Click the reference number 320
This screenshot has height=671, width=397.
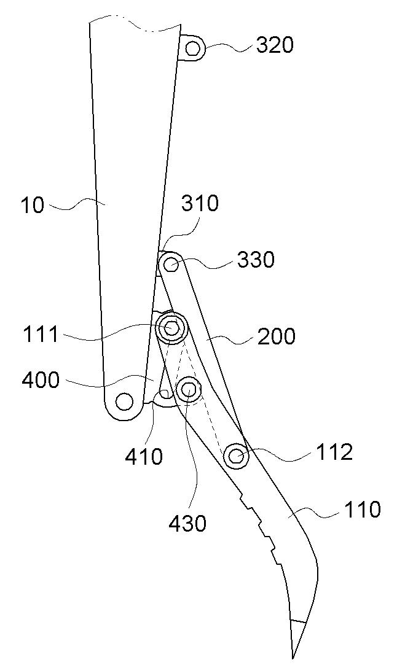point(275,45)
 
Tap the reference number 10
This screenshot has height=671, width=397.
point(33,205)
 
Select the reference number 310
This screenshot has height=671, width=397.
point(200,204)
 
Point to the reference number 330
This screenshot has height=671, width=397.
point(256,260)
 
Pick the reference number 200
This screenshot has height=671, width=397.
point(276,337)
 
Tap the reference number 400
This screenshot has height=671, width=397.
point(41,379)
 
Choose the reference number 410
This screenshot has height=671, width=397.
point(144,457)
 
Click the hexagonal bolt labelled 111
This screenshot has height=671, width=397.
point(171,328)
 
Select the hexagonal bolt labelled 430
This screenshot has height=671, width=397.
point(189,389)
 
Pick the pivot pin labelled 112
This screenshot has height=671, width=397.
point(237,456)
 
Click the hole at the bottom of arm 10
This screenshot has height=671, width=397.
point(124,401)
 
